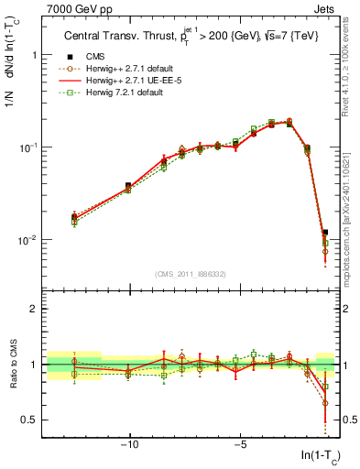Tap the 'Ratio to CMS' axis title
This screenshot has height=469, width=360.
[x=12, y=364]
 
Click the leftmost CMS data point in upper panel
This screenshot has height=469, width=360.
[x=74, y=217]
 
